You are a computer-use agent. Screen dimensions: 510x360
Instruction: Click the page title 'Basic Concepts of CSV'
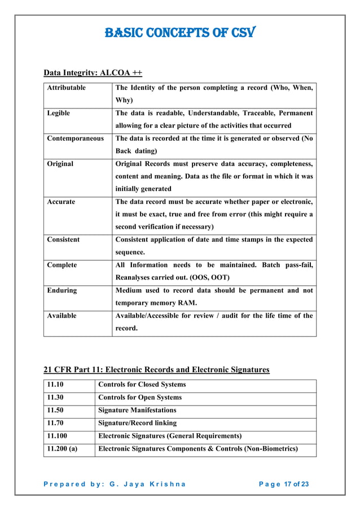(179, 32)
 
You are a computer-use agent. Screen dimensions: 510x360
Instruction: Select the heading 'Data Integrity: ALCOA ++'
(93, 73)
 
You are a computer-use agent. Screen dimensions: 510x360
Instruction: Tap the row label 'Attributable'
(67, 88)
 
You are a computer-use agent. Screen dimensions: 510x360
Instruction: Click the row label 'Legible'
(59, 113)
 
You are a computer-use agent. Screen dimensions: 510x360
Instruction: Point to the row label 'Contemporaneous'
(75, 138)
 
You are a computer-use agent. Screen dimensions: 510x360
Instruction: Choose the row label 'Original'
(60, 164)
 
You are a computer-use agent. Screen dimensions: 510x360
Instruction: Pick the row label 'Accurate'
(61, 202)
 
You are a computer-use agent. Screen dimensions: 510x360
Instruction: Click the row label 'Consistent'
(63, 239)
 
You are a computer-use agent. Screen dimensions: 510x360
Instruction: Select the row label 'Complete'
(62, 265)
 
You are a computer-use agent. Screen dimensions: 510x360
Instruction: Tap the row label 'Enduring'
(62, 290)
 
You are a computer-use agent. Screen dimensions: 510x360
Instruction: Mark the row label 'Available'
(62, 316)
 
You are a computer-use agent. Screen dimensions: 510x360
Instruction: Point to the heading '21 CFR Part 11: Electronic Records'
(156, 369)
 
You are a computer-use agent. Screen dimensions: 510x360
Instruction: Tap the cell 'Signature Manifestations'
(137, 410)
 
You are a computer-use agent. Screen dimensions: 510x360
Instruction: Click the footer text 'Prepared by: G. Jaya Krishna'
(116, 484)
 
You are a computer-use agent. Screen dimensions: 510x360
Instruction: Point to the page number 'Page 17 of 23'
(284, 484)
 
